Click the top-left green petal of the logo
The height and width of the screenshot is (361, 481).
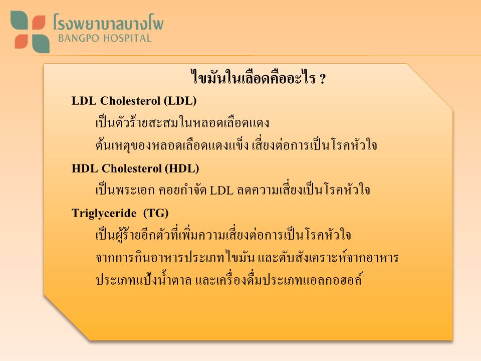[x=19, y=20]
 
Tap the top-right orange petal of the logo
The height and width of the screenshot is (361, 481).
[x=39, y=23]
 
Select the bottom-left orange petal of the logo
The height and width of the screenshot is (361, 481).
[x=21, y=41]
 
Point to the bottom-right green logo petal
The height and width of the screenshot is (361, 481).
[x=41, y=43]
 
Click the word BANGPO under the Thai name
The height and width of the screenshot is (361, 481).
[x=79, y=39]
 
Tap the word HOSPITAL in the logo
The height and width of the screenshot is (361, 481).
[x=127, y=39]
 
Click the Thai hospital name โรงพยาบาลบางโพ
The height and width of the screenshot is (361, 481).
[x=108, y=22]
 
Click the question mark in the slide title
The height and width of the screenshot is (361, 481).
[x=322, y=79]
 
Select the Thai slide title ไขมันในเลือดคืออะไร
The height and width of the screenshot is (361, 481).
[x=253, y=77]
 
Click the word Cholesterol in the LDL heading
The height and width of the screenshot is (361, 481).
[x=130, y=101]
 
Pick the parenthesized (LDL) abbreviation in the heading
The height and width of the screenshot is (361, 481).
[x=180, y=101]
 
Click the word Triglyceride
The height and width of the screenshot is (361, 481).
[x=104, y=214]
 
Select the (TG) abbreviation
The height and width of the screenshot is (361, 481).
[x=156, y=213]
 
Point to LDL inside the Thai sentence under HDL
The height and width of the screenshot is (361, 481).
[x=221, y=191]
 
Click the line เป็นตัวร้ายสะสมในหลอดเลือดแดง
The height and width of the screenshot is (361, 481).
[x=182, y=122]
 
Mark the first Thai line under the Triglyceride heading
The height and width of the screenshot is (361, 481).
[x=223, y=234]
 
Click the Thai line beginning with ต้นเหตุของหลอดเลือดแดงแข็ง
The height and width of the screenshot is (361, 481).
[x=236, y=144]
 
